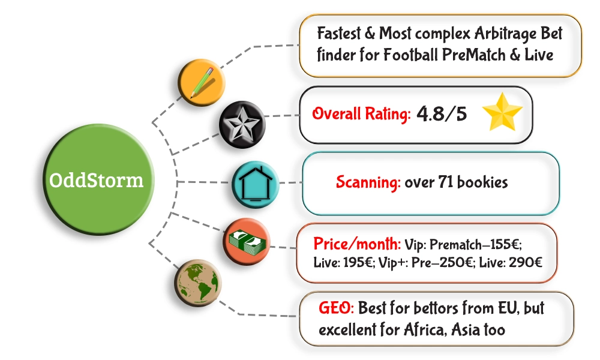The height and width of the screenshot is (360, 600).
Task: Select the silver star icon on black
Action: [240, 126]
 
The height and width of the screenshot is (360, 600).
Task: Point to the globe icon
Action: [198, 283]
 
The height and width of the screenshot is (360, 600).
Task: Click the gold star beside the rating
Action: [503, 114]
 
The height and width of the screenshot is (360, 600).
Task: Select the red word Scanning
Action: [368, 182]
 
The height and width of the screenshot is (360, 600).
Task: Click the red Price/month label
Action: [358, 245]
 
